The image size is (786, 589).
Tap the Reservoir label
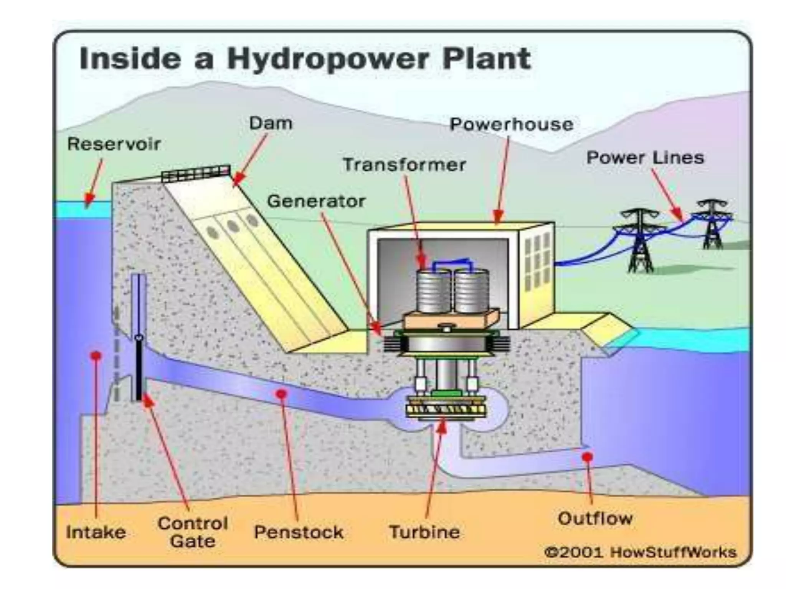coord(114,144)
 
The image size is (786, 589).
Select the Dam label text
coord(271,123)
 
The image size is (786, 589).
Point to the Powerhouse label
coord(512,124)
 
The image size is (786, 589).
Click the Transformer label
coord(404,165)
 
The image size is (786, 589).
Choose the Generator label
coord(316,201)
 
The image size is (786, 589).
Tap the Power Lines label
coord(645,158)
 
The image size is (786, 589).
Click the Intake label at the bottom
coord(96,532)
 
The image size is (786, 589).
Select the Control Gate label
coord(193,532)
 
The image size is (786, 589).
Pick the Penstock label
coord(299,532)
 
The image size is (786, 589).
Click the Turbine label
coord(424,532)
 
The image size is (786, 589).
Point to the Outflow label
coord(595,519)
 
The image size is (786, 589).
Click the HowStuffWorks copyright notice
coord(641,552)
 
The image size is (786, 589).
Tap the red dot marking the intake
coord(96,355)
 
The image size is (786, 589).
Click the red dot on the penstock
coord(282,394)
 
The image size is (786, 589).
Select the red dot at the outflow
coord(587,457)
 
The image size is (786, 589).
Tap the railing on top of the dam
coord(196,173)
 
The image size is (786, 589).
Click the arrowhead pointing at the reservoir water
coord(89,199)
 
